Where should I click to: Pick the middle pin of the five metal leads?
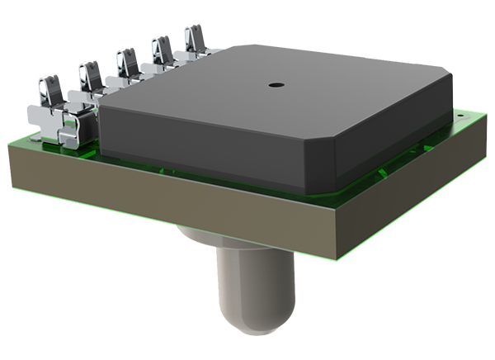click(x=126, y=63)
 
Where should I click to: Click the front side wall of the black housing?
click(x=206, y=144)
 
